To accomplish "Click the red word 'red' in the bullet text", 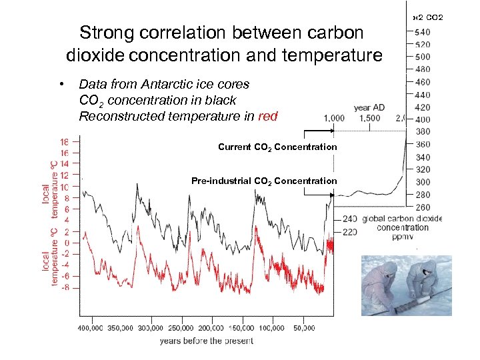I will (x=267, y=117).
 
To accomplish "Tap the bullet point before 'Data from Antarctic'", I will (x=61, y=85).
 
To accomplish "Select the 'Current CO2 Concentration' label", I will (x=277, y=147).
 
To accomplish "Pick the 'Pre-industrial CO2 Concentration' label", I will (x=264, y=181).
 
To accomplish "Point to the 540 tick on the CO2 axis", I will (x=422, y=32).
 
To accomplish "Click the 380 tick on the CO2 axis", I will (x=422, y=132).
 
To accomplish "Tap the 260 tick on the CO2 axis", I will (x=422, y=207).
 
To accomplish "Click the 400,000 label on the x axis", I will (x=91, y=328).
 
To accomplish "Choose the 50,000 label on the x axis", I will (x=304, y=328).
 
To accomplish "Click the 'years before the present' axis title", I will (x=206, y=341).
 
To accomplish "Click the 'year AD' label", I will (x=369, y=107).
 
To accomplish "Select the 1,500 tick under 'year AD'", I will (x=369, y=118).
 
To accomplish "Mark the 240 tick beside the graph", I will (x=350, y=219).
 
